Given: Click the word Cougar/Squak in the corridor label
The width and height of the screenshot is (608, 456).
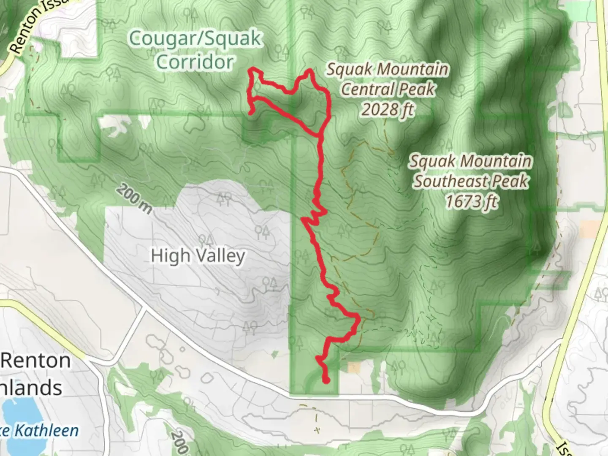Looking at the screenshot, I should (195, 39).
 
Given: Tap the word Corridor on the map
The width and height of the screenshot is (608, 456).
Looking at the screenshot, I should (195, 62).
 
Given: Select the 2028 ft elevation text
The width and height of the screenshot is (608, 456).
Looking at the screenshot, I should (388, 110).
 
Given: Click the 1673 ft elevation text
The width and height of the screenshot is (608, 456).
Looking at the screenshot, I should (471, 201).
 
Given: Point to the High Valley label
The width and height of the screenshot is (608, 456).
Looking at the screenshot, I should (198, 256).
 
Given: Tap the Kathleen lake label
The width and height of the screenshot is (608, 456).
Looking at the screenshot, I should (46, 431).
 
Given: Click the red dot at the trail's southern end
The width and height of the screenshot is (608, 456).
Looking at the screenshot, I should (326, 381).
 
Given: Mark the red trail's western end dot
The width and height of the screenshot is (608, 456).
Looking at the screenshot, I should (250, 113).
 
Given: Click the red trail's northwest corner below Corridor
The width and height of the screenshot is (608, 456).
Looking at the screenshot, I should (252, 69).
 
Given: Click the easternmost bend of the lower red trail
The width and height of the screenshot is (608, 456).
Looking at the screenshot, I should (359, 317).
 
